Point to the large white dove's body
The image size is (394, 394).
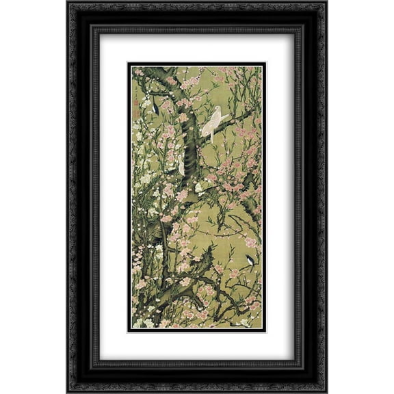click(213, 122)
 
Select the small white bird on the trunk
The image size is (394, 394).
click(181, 165)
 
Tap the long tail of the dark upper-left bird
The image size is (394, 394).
click(157, 111)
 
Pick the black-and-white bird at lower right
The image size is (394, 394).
click(250, 260)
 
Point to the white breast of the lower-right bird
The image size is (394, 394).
click(252, 262)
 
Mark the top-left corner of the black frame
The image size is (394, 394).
click(69, 3)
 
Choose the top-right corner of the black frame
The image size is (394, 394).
click(325, 3)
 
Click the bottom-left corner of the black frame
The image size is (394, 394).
click(69, 391)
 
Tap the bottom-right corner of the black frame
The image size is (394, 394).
click(325, 391)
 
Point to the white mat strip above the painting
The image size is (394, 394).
click(197, 48)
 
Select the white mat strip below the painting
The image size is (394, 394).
click(197, 345)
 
